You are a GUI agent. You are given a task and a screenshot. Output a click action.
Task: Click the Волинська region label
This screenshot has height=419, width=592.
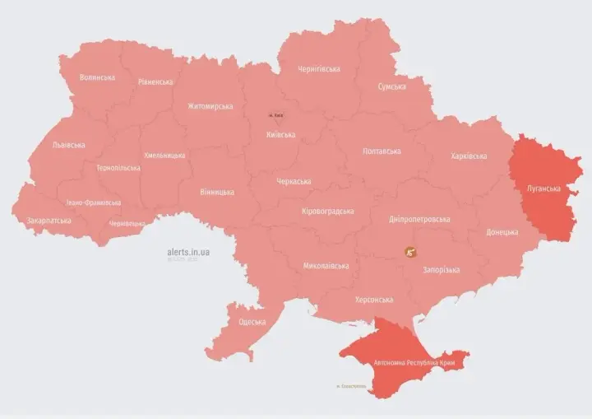point(97,77)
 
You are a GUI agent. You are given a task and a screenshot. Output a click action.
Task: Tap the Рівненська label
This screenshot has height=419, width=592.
point(155,82)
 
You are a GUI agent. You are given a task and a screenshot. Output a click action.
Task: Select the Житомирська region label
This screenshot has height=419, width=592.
point(210,106)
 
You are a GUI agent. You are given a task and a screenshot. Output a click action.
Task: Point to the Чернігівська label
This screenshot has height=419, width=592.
point(320,69)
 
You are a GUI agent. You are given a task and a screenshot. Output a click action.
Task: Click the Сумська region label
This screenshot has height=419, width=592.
point(391,86)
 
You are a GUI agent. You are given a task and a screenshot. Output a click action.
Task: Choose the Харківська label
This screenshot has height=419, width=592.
point(469,156)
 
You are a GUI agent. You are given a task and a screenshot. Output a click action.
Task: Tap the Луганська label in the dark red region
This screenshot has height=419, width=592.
point(543,189)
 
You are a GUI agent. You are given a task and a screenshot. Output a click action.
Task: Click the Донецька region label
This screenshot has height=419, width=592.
point(502,232)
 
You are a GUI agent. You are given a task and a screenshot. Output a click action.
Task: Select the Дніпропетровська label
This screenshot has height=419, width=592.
point(419,220)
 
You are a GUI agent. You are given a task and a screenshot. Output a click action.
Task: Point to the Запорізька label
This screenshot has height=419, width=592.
point(441,270)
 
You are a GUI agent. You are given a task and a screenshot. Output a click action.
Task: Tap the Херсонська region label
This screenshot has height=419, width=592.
point(374,300)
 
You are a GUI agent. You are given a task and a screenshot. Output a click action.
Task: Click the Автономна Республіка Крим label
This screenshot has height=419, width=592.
point(414,362)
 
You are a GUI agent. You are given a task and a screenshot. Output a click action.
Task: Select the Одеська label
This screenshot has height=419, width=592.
point(252,322)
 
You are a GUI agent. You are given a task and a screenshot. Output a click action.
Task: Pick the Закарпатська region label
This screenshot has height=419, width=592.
point(49,221)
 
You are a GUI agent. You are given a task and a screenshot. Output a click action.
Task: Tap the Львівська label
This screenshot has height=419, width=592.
point(68,145)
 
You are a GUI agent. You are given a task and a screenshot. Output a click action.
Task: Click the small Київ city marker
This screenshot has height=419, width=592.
point(274,116)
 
